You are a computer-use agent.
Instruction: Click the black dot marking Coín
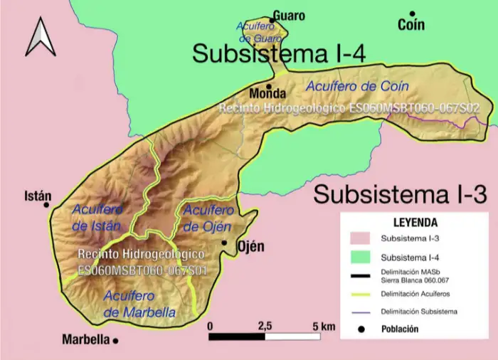(413, 13)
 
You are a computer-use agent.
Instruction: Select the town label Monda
(267, 93)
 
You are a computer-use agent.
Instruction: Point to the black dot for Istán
(47, 205)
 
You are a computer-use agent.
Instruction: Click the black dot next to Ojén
(224, 243)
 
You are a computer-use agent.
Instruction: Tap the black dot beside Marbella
(115, 340)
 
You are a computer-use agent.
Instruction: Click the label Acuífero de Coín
(357, 85)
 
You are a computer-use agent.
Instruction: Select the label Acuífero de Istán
(98, 217)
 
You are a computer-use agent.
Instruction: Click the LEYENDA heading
(415, 221)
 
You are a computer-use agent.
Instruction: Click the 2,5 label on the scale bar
(265, 326)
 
